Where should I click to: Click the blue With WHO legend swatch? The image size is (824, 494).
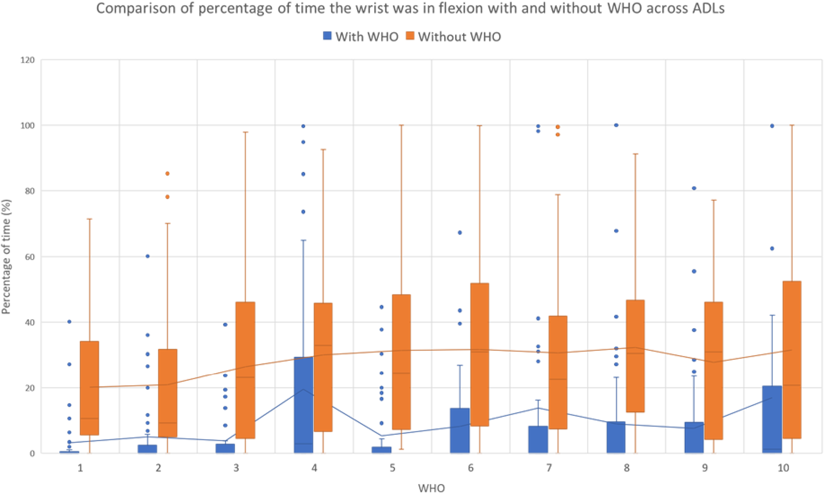coord(327,36)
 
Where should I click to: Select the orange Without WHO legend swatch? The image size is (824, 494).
coord(410,36)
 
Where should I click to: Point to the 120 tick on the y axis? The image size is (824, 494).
coord(27,60)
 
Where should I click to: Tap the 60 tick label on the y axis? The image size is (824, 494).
coord(29,257)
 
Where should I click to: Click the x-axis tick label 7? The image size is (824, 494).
coord(549,468)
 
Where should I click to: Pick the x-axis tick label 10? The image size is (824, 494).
coord(783,468)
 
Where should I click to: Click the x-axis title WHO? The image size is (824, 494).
coord(431,488)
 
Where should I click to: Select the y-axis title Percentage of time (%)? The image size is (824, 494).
coord(6,257)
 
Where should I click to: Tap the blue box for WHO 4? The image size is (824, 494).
coord(304,405)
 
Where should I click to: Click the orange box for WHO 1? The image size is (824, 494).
coord(90,388)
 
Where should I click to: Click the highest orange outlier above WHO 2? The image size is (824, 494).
coord(167,174)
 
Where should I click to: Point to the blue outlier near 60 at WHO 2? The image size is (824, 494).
coord(147,256)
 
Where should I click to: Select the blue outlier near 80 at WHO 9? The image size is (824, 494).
coord(694,188)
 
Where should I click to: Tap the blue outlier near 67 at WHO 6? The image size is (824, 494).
coord(460,233)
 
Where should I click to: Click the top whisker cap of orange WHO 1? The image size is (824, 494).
coord(90,219)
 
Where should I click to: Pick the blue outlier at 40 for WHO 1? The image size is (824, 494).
coord(69,322)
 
